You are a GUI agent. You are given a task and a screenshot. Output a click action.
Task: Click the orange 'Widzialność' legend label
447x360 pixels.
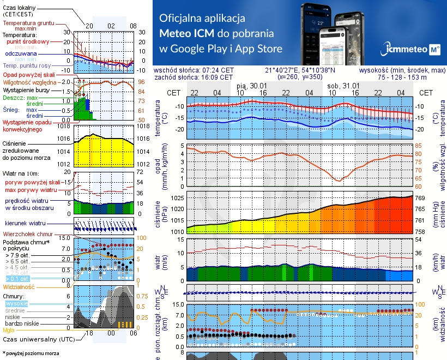(x=19, y=286)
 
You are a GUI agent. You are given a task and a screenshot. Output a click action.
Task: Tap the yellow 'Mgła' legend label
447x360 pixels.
(x=9, y=330)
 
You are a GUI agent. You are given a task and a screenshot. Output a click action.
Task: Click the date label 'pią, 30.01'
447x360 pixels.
(x=252, y=86)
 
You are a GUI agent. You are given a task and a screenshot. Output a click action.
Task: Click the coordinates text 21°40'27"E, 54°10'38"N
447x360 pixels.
(x=300, y=70)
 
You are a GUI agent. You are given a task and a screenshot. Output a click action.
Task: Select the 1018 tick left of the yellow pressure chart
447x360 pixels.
(x=65, y=127)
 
